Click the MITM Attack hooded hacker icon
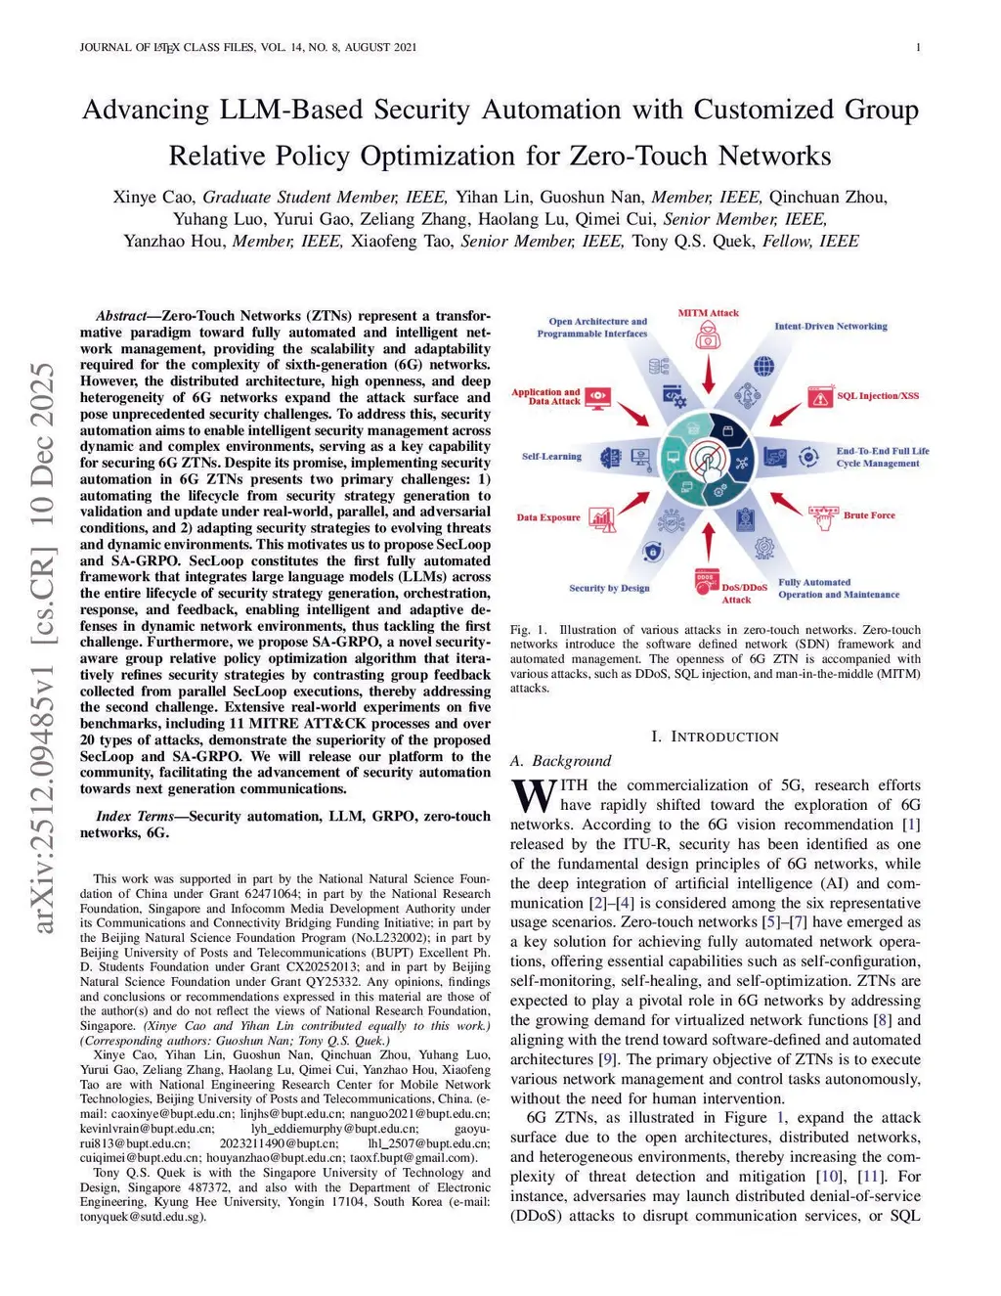(708, 336)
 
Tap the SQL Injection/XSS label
(877, 396)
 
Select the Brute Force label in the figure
(868, 515)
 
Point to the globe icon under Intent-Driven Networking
(763, 366)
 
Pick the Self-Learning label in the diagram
(551, 457)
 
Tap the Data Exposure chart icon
(602, 518)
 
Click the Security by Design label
(609, 588)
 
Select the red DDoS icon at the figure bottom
(706, 581)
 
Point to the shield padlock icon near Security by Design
(652, 553)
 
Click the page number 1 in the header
(919, 47)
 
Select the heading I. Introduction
(715, 737)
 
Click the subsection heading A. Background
(560, 761)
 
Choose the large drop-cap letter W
(534, 796)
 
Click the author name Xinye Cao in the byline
(153, 198)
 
